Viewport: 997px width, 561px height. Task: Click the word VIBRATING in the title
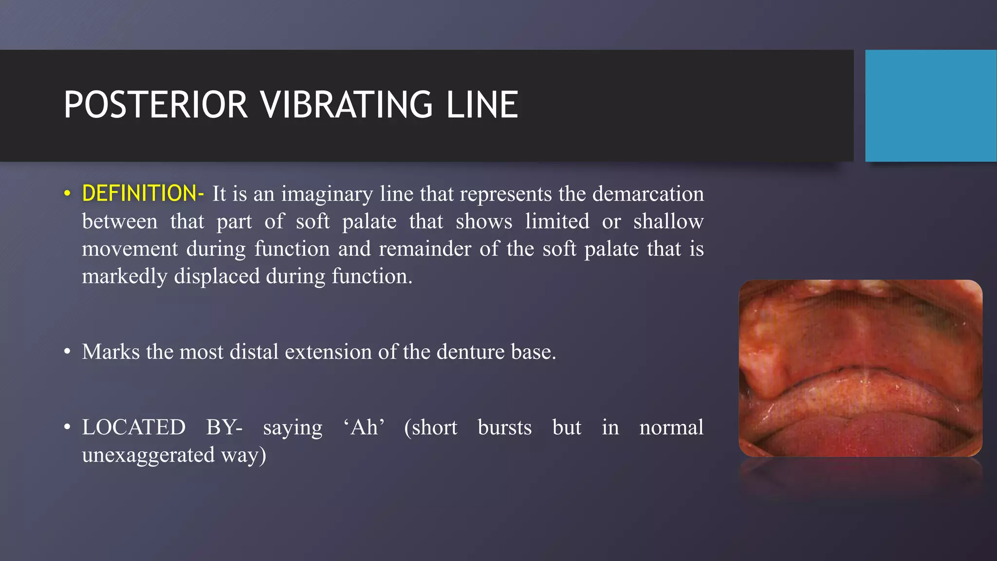click(346, 105)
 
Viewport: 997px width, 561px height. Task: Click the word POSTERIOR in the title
click(156, 105)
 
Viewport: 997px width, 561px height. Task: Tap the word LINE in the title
click(482, 105)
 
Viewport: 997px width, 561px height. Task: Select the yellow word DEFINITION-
click(143, 193)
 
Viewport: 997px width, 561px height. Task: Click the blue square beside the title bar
click(930, 105)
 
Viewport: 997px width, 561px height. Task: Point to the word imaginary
click(327, 194)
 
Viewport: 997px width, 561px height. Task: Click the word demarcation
click(648, 194)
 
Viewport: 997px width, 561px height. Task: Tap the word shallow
click(668, 222)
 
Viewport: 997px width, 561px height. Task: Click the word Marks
click(111, 352)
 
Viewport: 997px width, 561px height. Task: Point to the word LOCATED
click(134, 428)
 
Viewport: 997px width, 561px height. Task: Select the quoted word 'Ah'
click(364, 428)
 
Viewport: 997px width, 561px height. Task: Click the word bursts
click(504, 428)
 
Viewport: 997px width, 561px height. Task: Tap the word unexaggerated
click(148, 455)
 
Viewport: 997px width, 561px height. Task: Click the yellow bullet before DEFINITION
click(67, 194)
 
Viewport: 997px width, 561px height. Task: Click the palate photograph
click(860, 368)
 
